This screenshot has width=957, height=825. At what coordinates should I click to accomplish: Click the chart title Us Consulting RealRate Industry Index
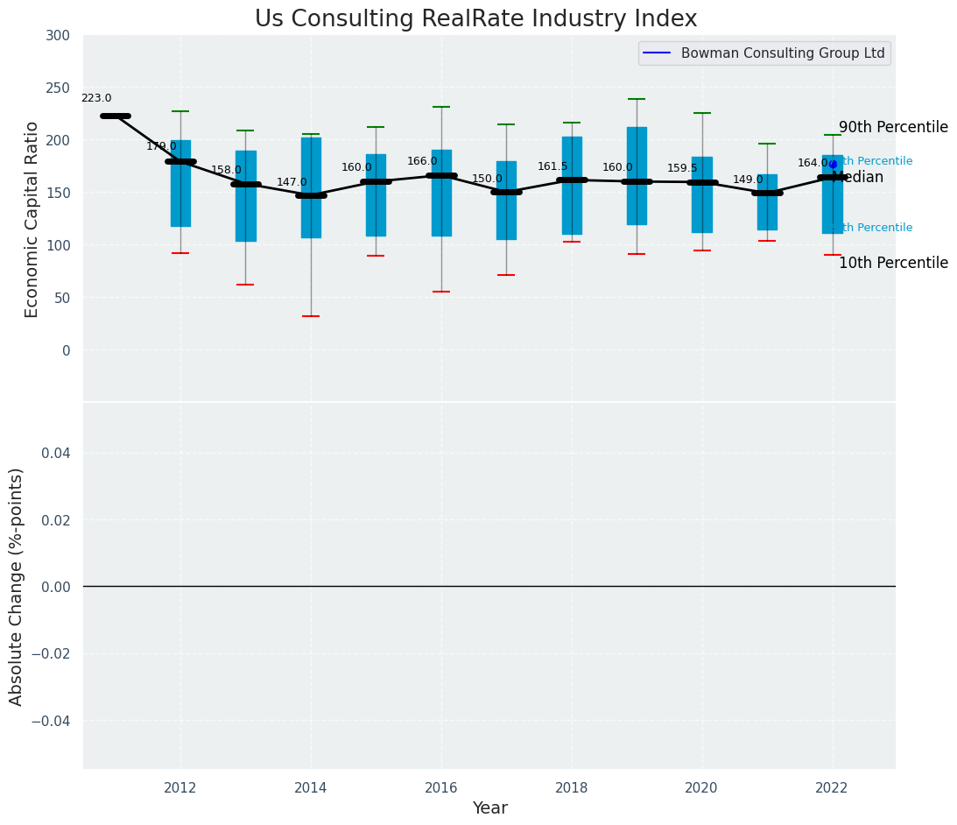(475, 19)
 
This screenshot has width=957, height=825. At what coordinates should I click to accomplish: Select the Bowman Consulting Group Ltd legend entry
(782, 53)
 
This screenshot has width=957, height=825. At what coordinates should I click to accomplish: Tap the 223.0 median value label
(96, 99)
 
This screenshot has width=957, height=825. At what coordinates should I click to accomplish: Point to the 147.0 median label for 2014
(292, 182)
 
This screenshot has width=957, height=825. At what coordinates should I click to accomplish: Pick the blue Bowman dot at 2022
(833, 164)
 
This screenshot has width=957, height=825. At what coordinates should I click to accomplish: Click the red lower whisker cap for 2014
(311, 316)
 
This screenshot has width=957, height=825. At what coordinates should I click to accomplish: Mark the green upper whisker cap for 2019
(637, 99)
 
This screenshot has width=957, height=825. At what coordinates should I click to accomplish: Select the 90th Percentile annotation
(893, 127)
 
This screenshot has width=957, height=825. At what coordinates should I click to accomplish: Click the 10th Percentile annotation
(893, 263)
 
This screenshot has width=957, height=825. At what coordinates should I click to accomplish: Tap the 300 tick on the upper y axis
(59, 35)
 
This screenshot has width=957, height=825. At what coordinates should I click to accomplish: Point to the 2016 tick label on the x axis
(441, 788)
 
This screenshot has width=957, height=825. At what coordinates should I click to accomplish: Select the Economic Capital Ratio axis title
(32, 219)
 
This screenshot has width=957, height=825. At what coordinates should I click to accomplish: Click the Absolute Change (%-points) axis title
(17, 586)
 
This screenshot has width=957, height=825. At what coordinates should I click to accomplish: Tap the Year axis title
(489, 808)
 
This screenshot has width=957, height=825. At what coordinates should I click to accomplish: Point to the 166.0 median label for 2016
(422, 161)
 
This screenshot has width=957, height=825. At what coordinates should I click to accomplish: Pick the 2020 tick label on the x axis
(701, 788)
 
